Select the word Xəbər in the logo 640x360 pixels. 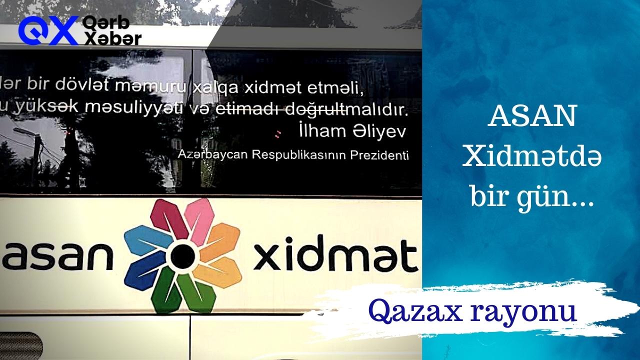[x=113, y=38]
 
